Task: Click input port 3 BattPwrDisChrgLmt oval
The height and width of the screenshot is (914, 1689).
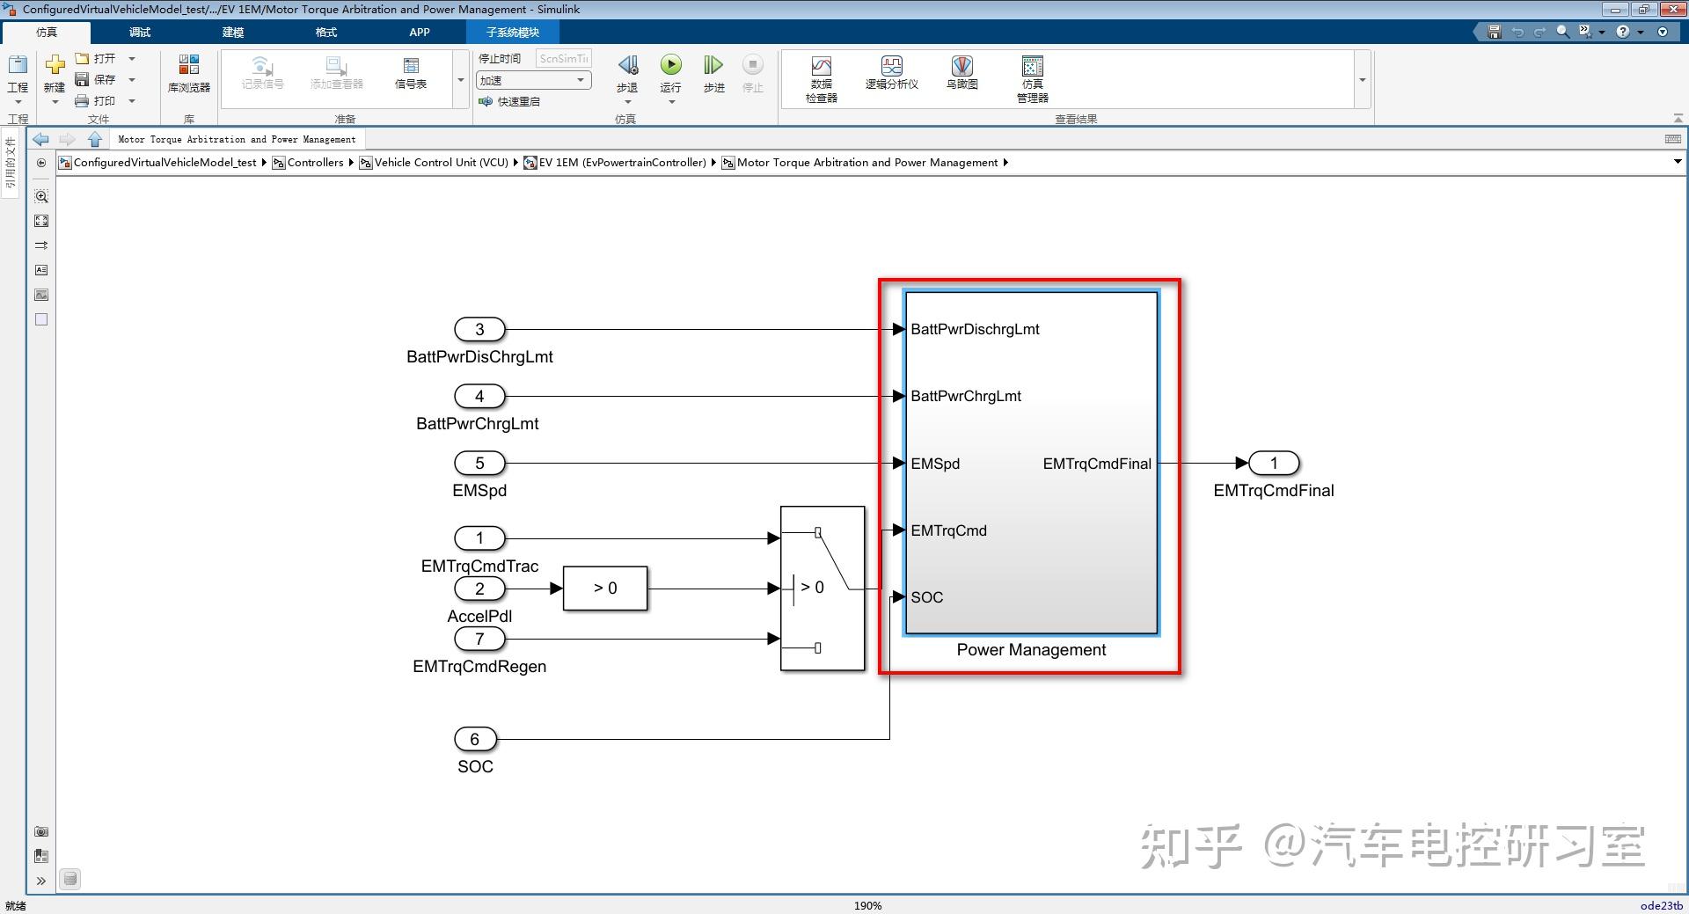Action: [479, 329]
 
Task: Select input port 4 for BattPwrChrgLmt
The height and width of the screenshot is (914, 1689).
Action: [479, 396]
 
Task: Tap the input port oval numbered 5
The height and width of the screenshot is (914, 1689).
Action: [479, 463]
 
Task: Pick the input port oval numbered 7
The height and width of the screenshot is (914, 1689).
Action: [479, 639]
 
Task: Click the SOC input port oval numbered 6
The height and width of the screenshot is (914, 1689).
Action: [475, 739]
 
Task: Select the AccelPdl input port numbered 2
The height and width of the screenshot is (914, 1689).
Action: [479, 589]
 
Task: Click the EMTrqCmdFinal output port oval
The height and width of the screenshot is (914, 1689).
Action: [1273, 463]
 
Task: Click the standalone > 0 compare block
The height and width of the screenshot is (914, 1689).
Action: [605, 589]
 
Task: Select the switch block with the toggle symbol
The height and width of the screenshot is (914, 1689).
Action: [823, 589]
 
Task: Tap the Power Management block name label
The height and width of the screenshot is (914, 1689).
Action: [1031, 650]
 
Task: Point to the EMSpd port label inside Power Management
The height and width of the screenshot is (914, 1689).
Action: [935, 464]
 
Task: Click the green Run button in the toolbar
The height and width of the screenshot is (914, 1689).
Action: [670, 65]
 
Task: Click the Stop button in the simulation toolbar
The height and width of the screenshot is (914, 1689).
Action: [752, 65]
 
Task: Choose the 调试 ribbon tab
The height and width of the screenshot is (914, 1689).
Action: [140, 33]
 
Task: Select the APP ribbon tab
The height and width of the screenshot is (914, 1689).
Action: [419, 33]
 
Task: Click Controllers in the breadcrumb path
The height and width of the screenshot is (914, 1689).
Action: [315, 163]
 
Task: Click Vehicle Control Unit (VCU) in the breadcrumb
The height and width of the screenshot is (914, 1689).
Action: [441, 163]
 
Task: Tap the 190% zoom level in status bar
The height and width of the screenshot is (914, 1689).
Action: [867, 905]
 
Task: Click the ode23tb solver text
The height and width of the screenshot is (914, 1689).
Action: [1661, 905]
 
